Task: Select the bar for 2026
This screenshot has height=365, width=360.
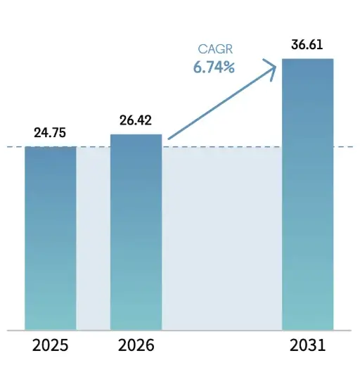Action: coord(136,232)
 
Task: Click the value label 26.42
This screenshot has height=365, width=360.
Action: coord(136,121)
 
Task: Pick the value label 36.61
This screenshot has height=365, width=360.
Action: coord(307,46)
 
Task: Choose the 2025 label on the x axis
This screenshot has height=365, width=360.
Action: coord(51,346)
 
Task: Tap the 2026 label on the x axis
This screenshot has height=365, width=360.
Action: coord(136,346)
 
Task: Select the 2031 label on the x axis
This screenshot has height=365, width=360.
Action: coord(307,346)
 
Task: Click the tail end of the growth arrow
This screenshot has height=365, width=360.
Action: coord(169,139)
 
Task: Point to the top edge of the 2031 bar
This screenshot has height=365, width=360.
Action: coord(307,59)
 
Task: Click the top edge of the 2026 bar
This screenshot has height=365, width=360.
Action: coord(136,134)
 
